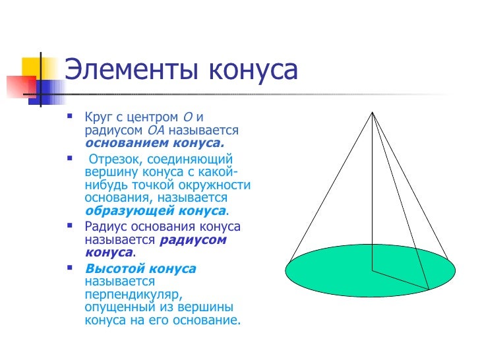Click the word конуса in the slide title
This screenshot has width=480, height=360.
(x=252, y=71)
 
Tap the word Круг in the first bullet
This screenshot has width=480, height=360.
(x=100, y=117)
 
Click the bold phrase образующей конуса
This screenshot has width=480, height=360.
(x=156, y=210)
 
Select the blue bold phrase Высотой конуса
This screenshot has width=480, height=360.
(x=140, y=269)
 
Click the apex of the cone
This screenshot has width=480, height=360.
(x=373, y=113)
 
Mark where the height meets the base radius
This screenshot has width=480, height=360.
(x=373, y=270)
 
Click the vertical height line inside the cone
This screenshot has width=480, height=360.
(x=373, y=198)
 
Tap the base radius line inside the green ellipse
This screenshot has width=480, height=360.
(x=401, y=280)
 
